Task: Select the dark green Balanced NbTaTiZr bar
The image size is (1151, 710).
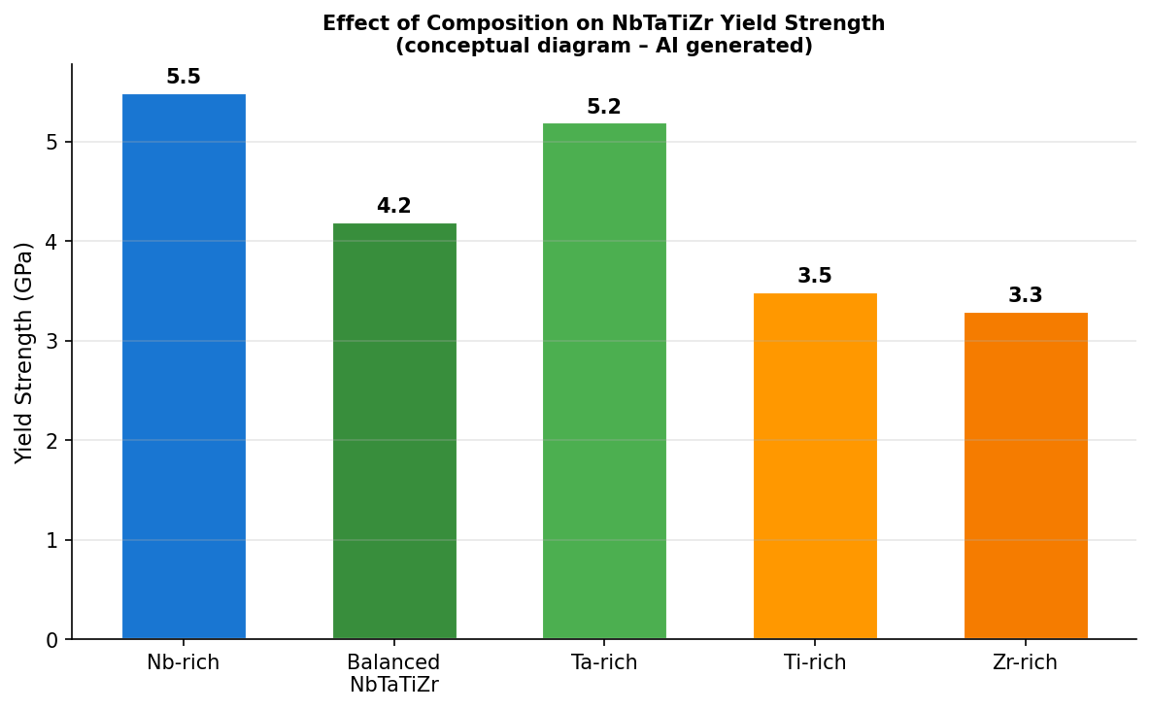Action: coord(394,431)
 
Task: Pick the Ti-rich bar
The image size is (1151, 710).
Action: coord(815,466)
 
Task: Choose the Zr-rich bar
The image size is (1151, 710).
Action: coord(1026,476)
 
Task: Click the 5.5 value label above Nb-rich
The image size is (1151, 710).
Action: coord(184,78)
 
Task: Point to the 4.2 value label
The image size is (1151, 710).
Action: coord(394,207)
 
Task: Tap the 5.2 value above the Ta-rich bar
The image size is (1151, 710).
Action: coord(604,108)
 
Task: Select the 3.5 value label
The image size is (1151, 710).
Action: coord(815,277)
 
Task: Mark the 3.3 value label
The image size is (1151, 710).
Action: coord(1026,296)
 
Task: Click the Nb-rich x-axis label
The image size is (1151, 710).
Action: coord(184,663)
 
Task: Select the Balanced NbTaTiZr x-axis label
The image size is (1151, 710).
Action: coord(394,674)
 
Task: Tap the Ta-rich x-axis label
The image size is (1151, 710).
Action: coord(604,663)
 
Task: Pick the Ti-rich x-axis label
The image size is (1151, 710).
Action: coord(815,663)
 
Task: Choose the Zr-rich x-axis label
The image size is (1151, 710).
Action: coord(1026,663)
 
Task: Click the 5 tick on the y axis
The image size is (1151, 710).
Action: coord(53,143)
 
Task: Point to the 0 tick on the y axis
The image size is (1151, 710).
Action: coord(53,640)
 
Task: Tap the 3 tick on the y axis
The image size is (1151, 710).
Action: coord(53,342)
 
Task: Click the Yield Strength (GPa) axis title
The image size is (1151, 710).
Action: coord(24,353)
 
